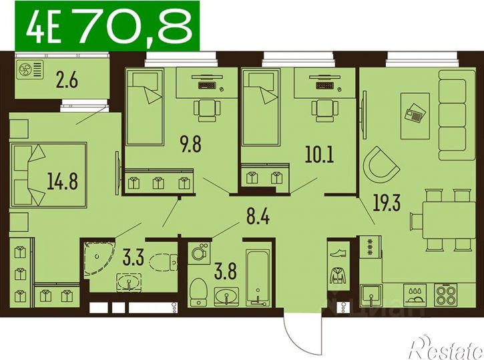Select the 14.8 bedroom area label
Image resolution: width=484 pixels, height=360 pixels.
point(62,181)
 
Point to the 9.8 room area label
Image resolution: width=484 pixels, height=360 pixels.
point(191,144)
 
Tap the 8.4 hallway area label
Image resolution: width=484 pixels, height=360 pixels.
point(258,216)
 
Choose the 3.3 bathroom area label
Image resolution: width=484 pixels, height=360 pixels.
point(133,258)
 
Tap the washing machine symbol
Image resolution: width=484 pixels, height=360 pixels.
point(198,252)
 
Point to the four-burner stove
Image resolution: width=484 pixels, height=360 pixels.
point(445,295)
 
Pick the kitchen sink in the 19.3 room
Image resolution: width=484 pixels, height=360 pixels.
point(371,295)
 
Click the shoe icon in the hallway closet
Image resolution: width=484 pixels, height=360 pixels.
point(338,254)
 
